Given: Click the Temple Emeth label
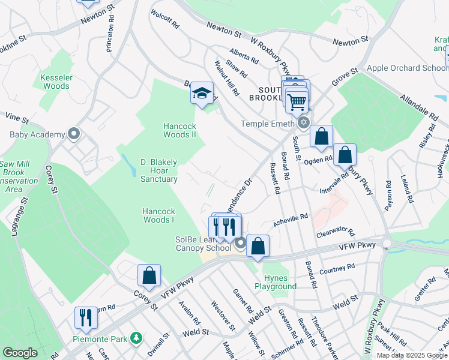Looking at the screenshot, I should click(268, 124).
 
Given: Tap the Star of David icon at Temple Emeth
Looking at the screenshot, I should click(303, 123).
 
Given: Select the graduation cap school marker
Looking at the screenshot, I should click(202, 93).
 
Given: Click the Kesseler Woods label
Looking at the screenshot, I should click(56, 82).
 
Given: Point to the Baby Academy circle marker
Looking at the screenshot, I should click(74, 133).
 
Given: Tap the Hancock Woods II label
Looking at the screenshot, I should click(179, 130).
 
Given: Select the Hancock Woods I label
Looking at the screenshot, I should click(158, 215).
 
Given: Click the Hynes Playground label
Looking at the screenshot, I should click(280, 282).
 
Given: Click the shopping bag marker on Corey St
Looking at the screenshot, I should click(149, 275).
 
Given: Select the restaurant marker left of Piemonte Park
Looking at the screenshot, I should click(86, 317).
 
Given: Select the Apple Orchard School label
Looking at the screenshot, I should click(408, 68).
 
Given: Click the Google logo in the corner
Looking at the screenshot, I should click(20, 353).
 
